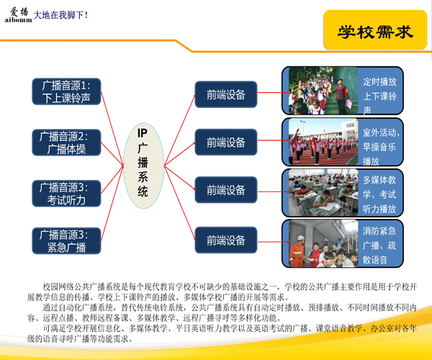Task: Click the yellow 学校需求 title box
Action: (375, 30)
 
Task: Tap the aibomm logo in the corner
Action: (18, 15)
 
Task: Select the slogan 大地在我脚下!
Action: (60, 15)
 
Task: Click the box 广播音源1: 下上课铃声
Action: (66, 91)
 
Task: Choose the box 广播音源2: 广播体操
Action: (66, 143)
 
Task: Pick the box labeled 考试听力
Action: (66, 194)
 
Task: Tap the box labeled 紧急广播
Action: (66, 240)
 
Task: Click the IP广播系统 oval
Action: (143, 166)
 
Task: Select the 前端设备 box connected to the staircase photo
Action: (226, 94)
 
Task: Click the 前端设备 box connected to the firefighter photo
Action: (226, 240)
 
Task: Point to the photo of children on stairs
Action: (323, 91)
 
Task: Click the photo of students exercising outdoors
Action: (323, 142)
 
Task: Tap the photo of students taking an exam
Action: (323, 192)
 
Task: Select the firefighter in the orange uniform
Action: (297, 251)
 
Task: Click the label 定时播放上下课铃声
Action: (379, 96)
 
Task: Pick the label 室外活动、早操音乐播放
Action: (381, 147)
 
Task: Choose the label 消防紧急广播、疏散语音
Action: (379, 245)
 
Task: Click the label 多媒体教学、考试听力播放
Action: (379, 194)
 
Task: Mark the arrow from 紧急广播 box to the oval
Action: (112, 203)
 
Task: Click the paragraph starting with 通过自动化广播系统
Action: (222, 312)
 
